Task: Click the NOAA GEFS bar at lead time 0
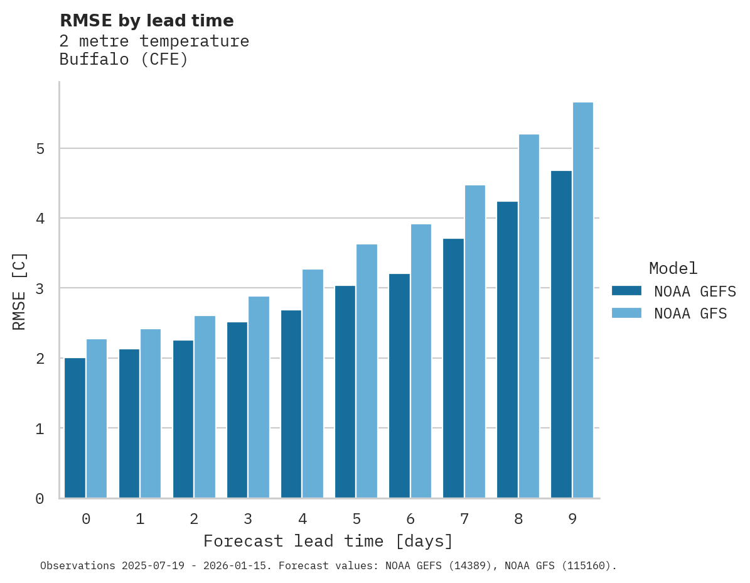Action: (x=75, y=428)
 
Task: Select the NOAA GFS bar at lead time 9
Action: (x=583, y=300)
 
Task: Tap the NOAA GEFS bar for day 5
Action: (x=345, y=392)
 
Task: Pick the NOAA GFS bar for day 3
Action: (x=259, y=397)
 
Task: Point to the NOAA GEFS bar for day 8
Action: (x=507, y=350)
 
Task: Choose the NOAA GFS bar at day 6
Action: (x=421, y=361)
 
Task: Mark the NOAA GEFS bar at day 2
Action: (x=183, y=419)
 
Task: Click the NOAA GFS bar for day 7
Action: (x=474, y=342)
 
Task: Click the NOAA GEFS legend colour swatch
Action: (x=626, y=291)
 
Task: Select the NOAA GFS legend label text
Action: (x=690, y=313)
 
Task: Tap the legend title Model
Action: (x=673, y=269)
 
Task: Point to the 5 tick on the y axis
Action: (x=40, y=149)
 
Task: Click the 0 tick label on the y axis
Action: (x=40, y=499)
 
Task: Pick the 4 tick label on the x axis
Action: (x=303, y=520)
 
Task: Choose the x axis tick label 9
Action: (x=572, y=520)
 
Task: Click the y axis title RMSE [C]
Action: (x=20, y=291)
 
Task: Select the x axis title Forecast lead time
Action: (x=328, y=542)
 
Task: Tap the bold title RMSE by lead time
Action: (x=146, y=21)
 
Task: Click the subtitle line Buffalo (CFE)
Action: (x=124, y=60)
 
